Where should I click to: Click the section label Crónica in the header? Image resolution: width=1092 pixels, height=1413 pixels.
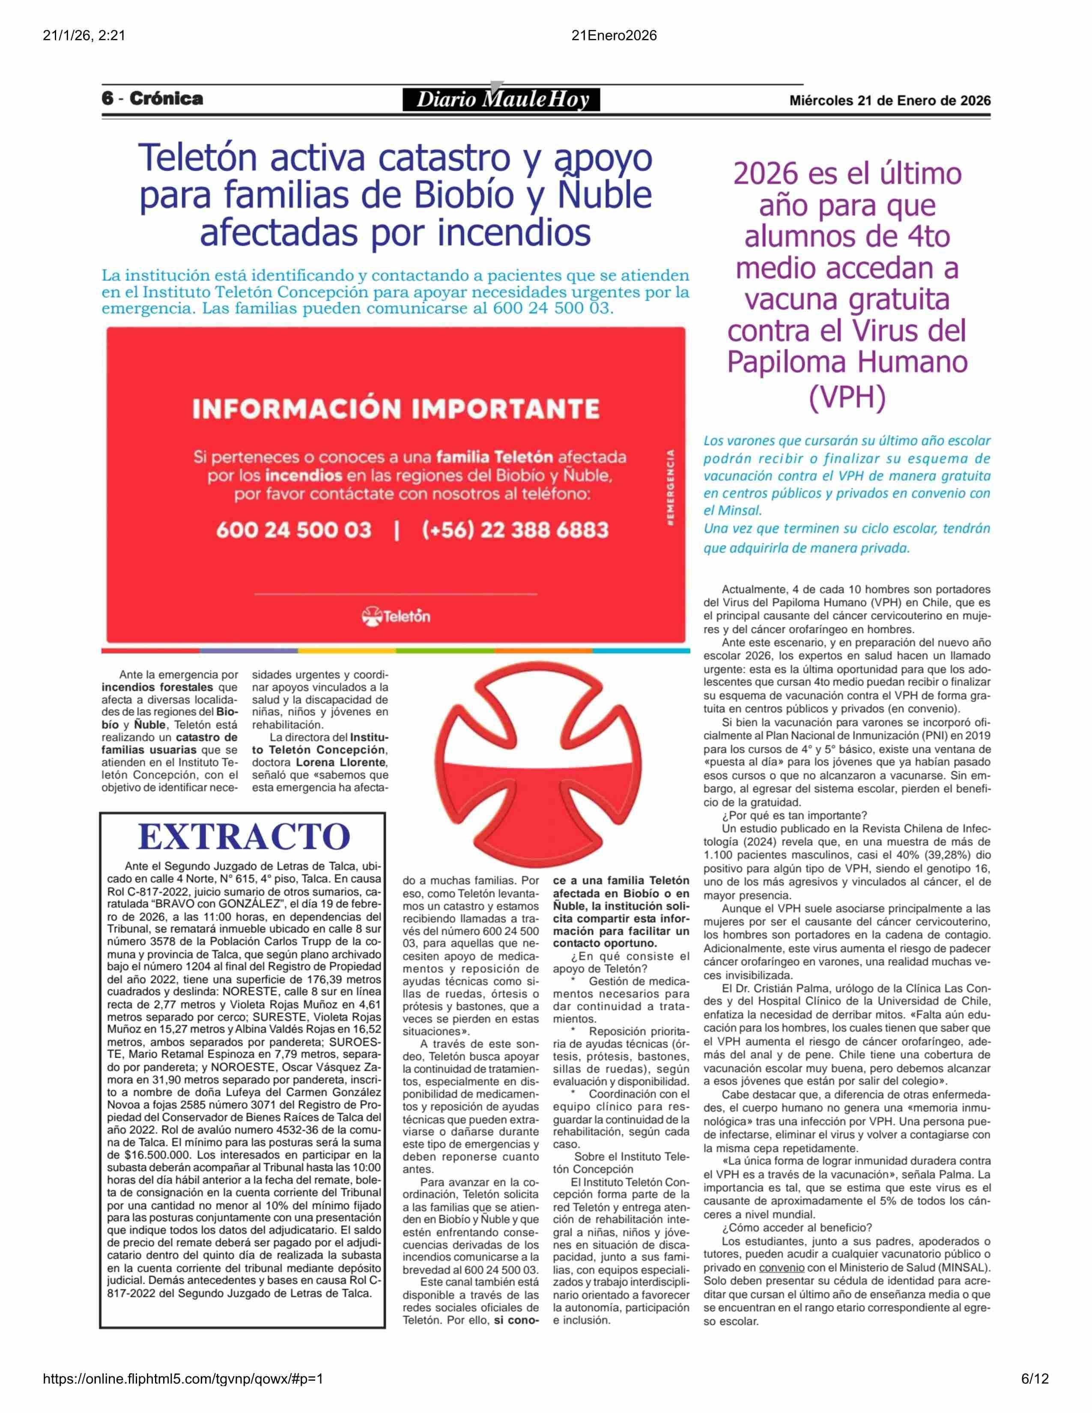point(166,99)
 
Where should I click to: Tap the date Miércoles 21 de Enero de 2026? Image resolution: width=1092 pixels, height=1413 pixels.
point(889,101)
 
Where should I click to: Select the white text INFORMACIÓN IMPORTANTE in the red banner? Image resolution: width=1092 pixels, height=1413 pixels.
point(396,409)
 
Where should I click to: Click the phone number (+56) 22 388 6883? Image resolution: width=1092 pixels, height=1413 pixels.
point(515,530)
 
